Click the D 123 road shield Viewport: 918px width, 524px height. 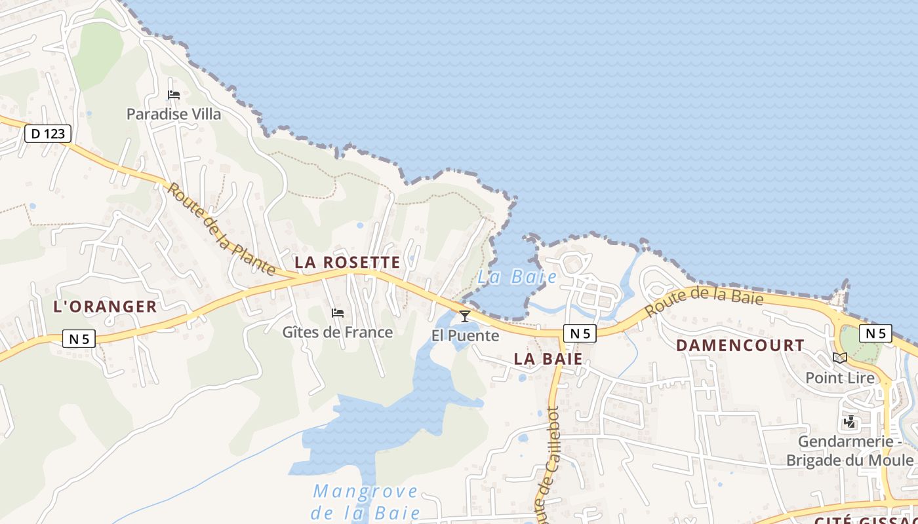48,134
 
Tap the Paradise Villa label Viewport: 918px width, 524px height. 174,114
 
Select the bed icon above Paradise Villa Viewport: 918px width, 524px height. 174,95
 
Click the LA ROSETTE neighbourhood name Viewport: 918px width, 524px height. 347,263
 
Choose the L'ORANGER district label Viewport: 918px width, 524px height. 105,307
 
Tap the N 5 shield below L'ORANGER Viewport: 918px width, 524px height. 79,339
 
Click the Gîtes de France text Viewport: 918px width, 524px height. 338,332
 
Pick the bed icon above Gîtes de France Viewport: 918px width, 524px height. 338,313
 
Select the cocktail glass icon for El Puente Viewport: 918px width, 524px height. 465,317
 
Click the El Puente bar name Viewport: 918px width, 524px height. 465,336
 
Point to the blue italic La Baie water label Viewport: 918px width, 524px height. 517,277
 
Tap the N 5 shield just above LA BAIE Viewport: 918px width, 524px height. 580,333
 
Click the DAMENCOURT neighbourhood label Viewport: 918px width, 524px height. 740,345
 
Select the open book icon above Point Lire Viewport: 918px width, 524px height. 840,358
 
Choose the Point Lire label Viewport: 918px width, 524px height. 840,378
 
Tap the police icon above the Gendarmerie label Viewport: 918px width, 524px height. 850,422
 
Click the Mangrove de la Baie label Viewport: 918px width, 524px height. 365,501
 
